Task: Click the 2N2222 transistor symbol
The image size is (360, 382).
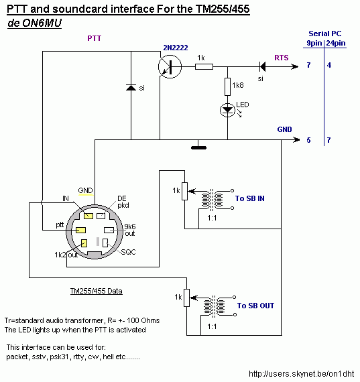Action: (170, 66)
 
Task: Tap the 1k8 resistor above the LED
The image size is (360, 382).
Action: (227, 86)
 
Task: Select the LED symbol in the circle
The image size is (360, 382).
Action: (227, 110)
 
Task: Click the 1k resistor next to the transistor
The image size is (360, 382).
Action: (204, 66)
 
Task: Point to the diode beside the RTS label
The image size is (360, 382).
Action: (263, 66)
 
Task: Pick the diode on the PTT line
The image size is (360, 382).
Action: (131, 88)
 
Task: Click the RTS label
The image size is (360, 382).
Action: (282, 58)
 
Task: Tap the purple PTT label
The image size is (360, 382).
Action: (94, 38)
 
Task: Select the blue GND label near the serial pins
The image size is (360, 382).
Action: (284, 129)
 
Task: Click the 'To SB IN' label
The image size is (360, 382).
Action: (250, 198)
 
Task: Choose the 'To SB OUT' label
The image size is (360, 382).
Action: (255, 306)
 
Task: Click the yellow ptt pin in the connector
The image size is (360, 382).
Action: (80, 230)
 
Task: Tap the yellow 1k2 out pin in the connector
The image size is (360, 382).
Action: (84, 243)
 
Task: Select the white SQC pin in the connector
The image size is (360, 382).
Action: (105, 243)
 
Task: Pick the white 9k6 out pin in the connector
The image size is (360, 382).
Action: (109, 230)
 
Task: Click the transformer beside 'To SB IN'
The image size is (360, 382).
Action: (212, 200)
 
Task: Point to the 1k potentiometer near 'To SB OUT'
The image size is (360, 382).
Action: (186, 298)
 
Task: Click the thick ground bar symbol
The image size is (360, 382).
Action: (198, 147)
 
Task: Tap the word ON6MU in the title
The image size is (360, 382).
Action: (42, 23)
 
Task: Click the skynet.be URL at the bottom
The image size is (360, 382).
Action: (301, 374)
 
